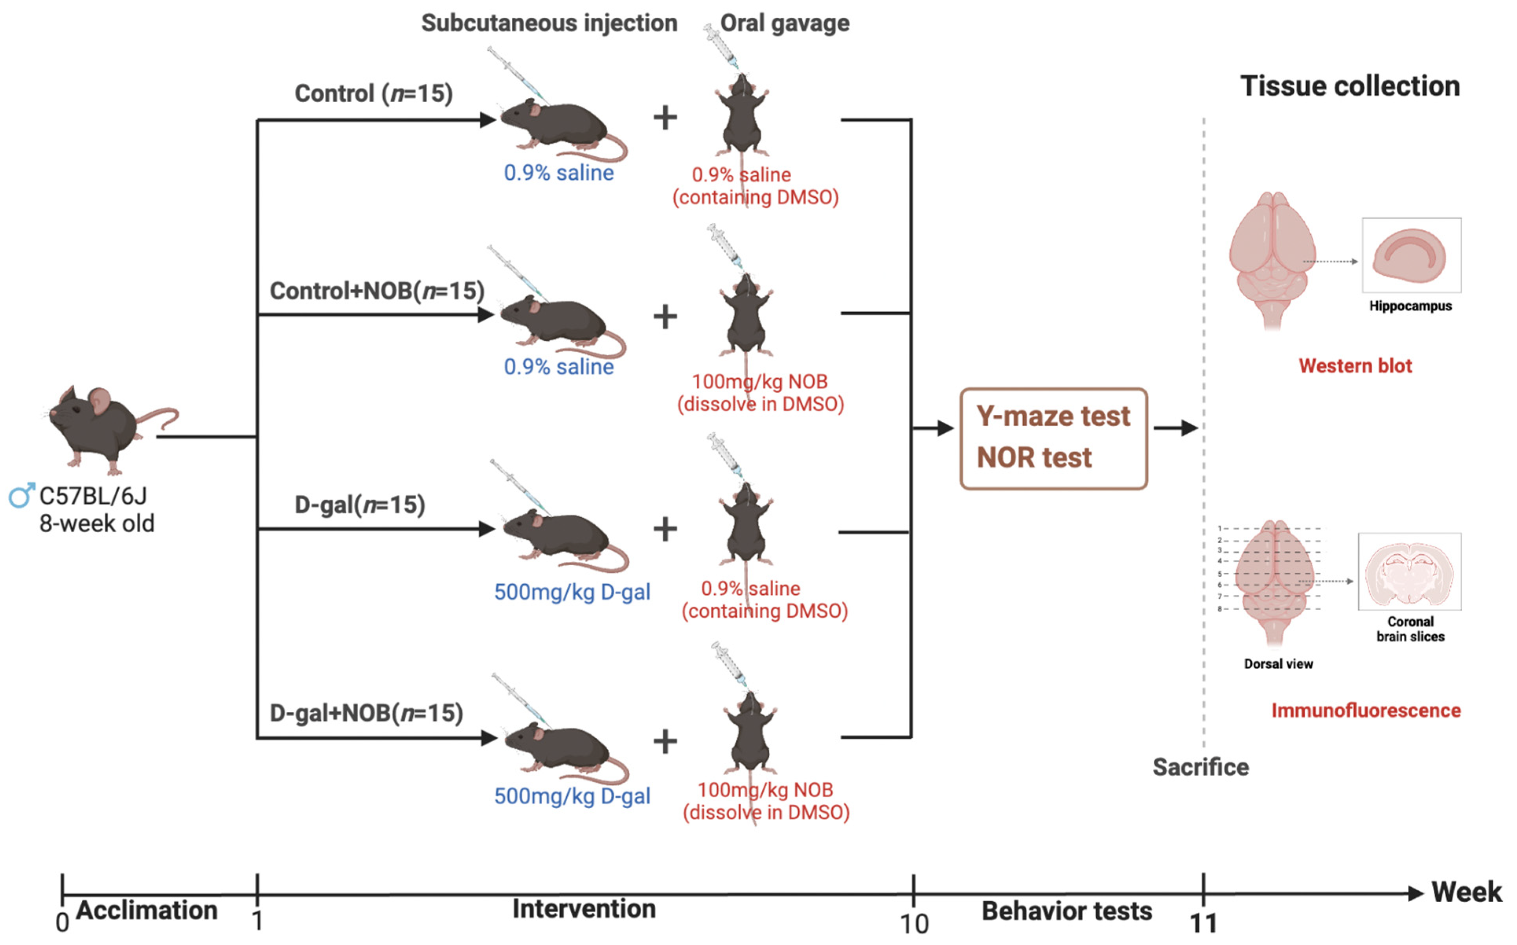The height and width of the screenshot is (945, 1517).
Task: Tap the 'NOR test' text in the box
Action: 1034,458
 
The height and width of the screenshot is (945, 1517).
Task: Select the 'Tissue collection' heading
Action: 1350,86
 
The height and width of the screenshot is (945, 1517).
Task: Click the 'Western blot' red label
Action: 1355,366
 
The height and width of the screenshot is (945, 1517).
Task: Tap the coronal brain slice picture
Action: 1410,571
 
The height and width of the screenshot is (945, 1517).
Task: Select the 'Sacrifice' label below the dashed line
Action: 1200,767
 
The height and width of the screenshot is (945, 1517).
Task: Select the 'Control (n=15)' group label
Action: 373,94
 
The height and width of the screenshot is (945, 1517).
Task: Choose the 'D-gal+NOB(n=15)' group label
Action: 366,713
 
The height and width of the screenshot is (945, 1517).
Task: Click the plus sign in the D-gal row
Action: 665,529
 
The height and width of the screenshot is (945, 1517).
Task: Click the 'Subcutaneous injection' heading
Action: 549,23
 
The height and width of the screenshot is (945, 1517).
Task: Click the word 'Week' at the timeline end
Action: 1466,892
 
